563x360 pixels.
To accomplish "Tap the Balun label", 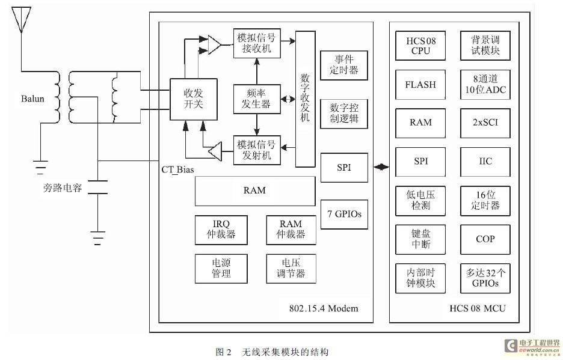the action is click(32, 99).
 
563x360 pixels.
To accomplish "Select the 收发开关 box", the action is click(193, 99).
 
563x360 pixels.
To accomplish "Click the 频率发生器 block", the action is click(257, 99).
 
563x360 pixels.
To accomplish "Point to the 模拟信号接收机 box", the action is click(257, 43).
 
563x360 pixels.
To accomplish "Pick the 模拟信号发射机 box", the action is click(257, 150).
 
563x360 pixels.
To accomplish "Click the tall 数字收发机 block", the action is click(305, 99).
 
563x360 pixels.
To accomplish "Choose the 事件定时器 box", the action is click(344, 65).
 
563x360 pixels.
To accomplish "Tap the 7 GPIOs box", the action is click(344, 215).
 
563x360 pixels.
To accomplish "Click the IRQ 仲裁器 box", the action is click(221, 230).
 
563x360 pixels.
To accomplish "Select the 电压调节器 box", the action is click(291, 269).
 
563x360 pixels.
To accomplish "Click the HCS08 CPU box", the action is click(420, 46).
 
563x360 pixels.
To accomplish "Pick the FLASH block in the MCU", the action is click(420, 84).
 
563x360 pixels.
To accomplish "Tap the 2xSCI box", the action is click(485, 123).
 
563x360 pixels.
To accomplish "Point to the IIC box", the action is click(485, 162).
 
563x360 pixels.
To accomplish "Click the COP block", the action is click(485, 239).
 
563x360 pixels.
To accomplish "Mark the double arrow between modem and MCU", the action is click(381, 167).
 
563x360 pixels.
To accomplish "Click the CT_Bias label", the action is click(177, 169).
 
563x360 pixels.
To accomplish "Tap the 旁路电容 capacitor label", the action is click(63, 188).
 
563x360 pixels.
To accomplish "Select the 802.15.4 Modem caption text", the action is click(324, 308).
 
